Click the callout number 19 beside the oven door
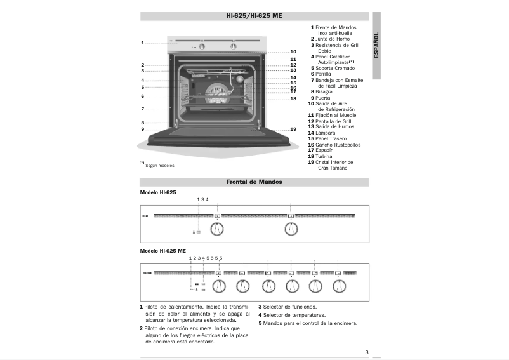(x=293, y=129)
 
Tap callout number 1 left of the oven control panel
(x=143, y=43)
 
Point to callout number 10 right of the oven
(x=293, y=51)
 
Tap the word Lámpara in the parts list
(x=326, y=133)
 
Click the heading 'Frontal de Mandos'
(x=254, y=182)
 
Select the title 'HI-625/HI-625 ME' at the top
(x=254, y=15)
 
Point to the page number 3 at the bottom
(x=367, y=353)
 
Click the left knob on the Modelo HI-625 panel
(x=217, y=229)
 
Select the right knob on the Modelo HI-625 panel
(x=291, y=229)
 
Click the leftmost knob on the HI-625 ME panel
(x=218, y=286)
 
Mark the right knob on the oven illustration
(x=234, y=46)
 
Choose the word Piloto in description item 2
(x=154, y=328)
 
